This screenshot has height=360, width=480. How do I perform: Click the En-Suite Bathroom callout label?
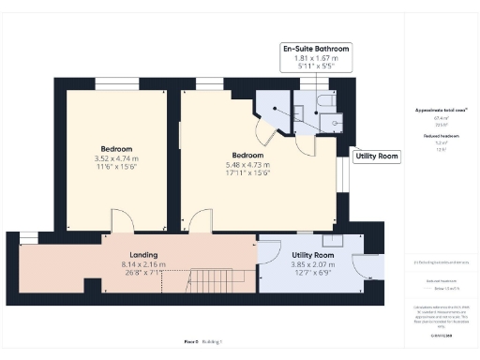316,48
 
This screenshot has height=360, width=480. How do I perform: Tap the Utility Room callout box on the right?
377,157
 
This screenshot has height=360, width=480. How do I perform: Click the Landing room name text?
143,255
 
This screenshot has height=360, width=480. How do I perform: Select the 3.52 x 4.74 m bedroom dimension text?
116,159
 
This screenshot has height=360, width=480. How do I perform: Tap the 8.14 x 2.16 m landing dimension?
143,264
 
